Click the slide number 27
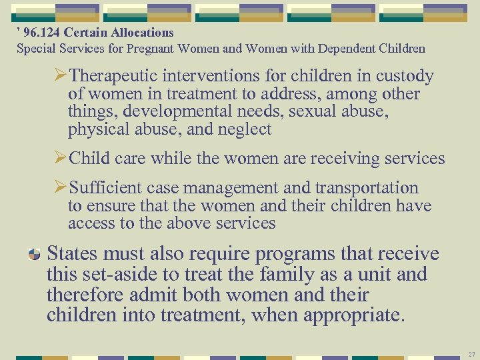coord(471,353)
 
